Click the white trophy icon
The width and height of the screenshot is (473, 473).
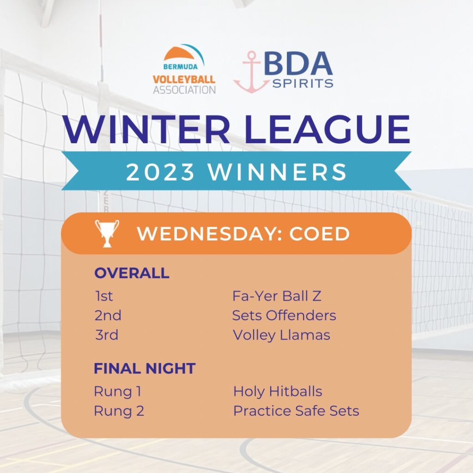pyautogui.click(x=107, y=233)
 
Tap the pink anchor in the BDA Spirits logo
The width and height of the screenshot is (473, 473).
pyautogui.click(x=251, y=73)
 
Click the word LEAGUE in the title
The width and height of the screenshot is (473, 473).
pyautogui.click(x=327, y=129)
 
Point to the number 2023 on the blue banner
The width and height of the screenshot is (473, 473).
pyautogui.click(x=160, y=172)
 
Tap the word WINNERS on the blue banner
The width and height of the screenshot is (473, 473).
pyautogui.click(x=278, y=172)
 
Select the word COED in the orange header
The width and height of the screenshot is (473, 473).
pyautogui.click(x=320, y=234)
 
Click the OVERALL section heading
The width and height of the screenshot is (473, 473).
pyautogui.click(x=132, y=273)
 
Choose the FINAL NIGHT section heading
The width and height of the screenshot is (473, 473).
pyautogui.click(x=145, y=368)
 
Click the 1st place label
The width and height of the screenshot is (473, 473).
pyautogui.click(x=104, y=296)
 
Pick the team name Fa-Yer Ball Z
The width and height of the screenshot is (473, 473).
pyautogui.click(x=277, y=296)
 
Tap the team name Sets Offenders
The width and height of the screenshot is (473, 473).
pyautogui.click(x=284, y=315)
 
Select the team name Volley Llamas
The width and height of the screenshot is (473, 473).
pyautogui.click(x=281, y=335)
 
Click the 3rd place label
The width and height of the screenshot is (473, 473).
pyautogui.click(x=107, y=335)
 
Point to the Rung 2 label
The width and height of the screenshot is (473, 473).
pyautogui.click(x=119, y=411)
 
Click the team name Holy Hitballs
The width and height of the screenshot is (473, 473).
pyautogui.click(x=278, y=392)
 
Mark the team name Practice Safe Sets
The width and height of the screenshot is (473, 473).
pyautogui.click(x=296, y=411)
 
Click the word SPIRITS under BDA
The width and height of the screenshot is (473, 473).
pyautogui.click(x=303, y=83)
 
